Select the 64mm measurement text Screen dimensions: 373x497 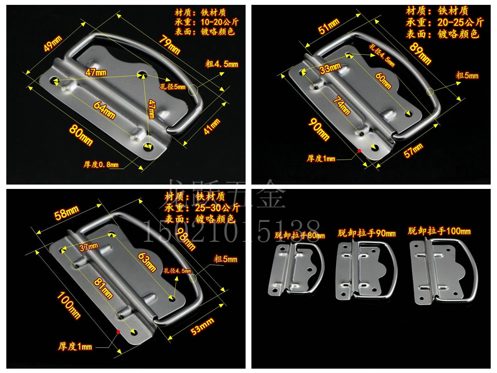pyautogui.click(x=104, y=109)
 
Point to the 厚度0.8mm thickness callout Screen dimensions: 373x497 pyautogui.click(x=101, y=165)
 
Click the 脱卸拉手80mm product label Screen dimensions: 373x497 pyautogui.click(x=298, y=235)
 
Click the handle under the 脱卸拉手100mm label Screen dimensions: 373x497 pyautogui.click(x=443, y=272)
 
